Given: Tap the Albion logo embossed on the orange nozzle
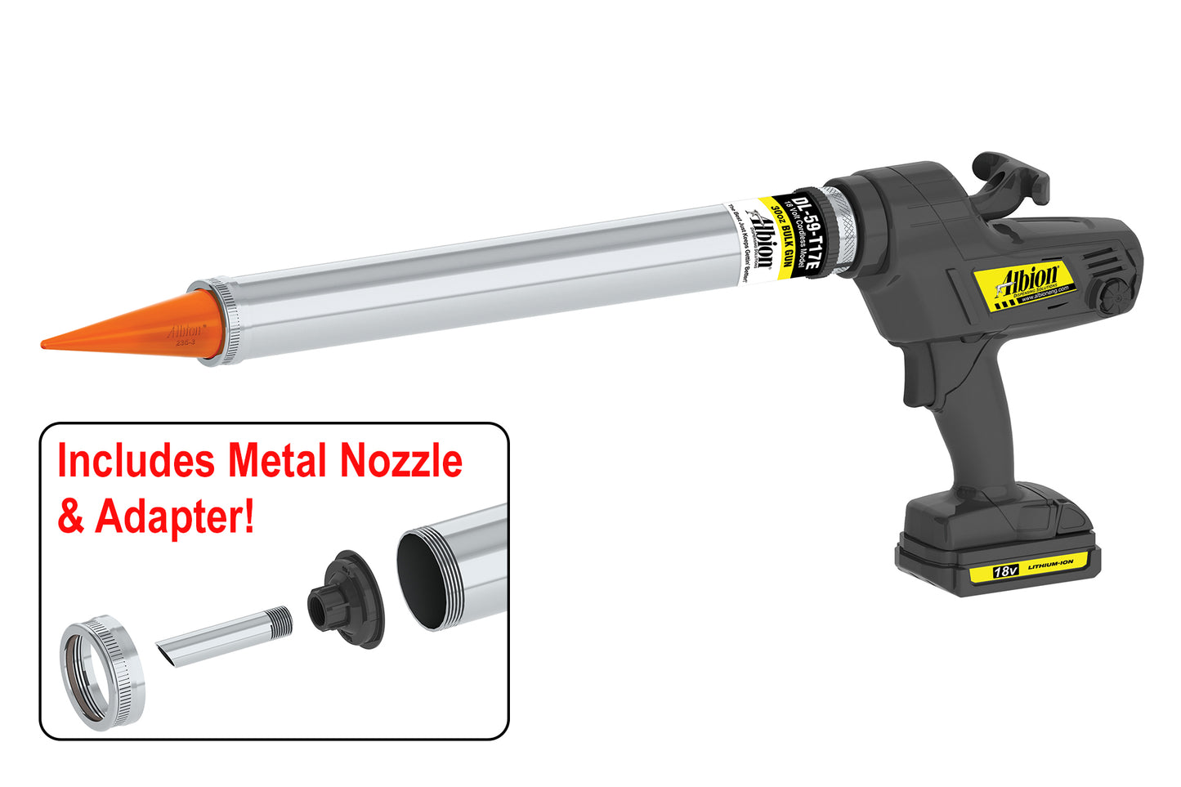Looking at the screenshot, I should point(185,332).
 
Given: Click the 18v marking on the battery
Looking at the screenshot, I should point(1004,571).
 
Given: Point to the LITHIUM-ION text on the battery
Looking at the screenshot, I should point(1050,564).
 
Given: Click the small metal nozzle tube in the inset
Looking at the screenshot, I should point(224,636).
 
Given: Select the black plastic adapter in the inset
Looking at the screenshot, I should point(347,599).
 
